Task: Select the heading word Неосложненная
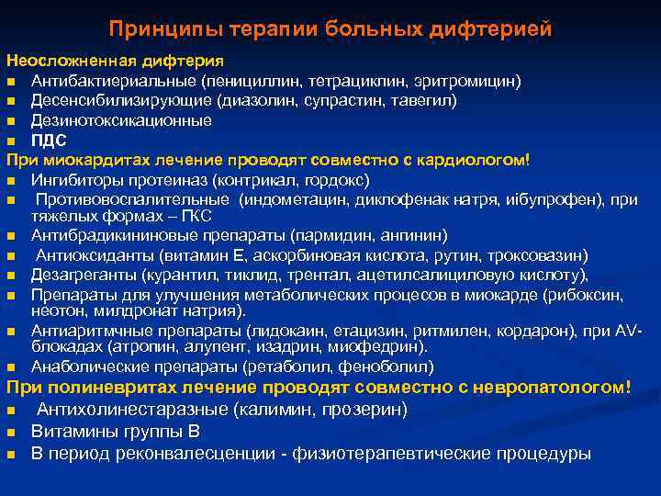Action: (73, 62)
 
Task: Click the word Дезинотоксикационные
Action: (121, 120)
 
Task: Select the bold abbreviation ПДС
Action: (50, 141)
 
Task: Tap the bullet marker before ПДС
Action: (11, 141)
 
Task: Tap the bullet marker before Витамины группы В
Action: (11, 432)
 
